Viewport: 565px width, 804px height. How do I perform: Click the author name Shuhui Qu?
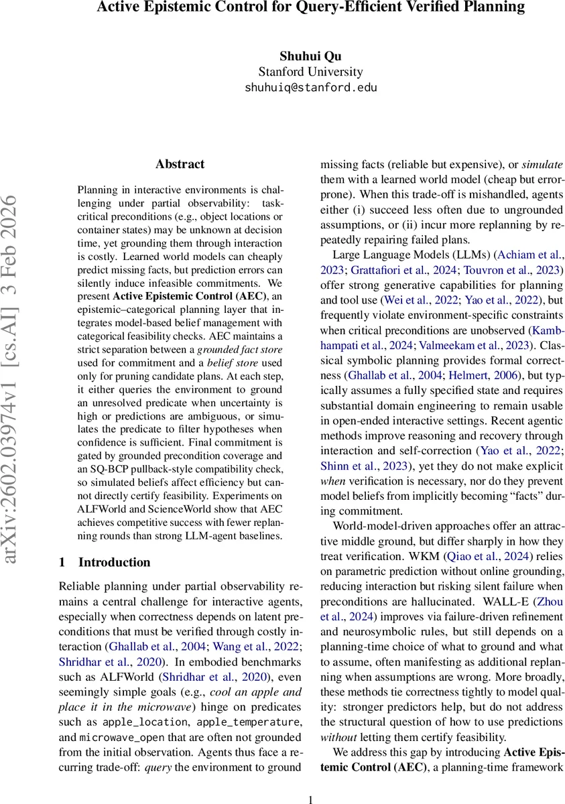(x=310, y=56)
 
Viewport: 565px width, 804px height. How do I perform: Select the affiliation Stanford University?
(x=310, y=72)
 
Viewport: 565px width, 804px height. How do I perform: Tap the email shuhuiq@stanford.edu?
(x=310, y=88)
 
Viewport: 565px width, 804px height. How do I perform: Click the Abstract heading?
(x=180, y=164)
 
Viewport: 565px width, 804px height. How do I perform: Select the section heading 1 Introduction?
(x=105, y=562)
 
